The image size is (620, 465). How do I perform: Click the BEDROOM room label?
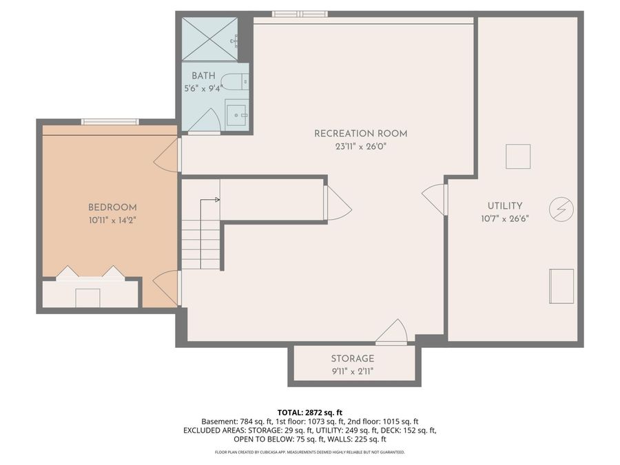[112, 207]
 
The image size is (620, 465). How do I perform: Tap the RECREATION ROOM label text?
[360, 134]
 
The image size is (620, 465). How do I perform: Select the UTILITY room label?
[505, 206]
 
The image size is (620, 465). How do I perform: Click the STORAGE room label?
[353, 359]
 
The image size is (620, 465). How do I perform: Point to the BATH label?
[203, 76]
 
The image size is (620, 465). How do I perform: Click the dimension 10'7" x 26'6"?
[505, 219]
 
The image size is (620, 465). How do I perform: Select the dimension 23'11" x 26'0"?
[360, 146]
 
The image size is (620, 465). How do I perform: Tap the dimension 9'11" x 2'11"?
[353, 371]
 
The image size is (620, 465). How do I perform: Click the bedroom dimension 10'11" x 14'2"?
[112, 220]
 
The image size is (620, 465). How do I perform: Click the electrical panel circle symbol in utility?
[561, 209]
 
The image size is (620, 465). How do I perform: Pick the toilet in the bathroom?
[234, 82]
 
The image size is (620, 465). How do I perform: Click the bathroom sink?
[236, 114]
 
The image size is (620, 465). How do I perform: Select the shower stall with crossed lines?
[209, 39]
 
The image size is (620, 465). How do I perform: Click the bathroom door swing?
[205, 122]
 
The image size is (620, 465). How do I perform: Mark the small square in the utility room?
[518, 156]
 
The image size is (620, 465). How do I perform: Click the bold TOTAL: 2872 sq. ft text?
[310, 412]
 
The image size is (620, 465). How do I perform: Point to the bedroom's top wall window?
[110, 122]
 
